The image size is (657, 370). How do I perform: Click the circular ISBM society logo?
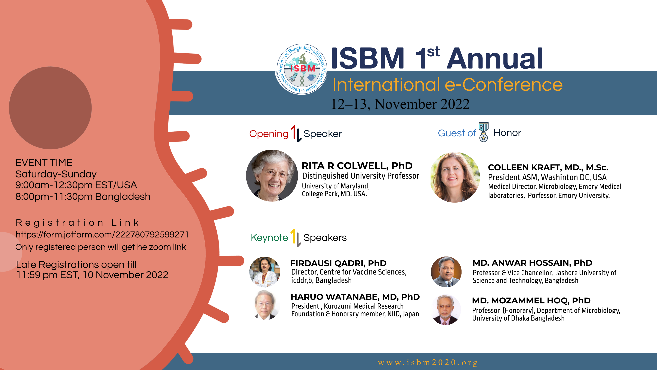pos(302,69)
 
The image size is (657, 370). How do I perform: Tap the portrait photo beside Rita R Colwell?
pos(272,175)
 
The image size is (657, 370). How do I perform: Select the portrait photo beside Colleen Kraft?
pos(455,177)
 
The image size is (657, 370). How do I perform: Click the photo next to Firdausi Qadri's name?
pos(265,272)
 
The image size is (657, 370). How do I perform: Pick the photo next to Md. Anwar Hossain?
pos(446,272)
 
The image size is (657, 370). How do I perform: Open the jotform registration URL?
pos(102,234)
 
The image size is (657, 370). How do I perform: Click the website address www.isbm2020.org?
pos(428,362)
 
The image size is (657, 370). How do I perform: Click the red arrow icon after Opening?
pos(294,133)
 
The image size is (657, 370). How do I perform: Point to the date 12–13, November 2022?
pos(400,104)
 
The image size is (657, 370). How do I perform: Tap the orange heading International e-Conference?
pos(447,85)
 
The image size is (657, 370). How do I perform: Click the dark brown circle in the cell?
pos(50,108)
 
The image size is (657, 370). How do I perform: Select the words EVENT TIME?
pos(44,162)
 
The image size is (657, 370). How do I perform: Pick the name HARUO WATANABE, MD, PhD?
pos(355,297)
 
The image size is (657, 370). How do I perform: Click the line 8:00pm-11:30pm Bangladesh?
pos(83,197)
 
